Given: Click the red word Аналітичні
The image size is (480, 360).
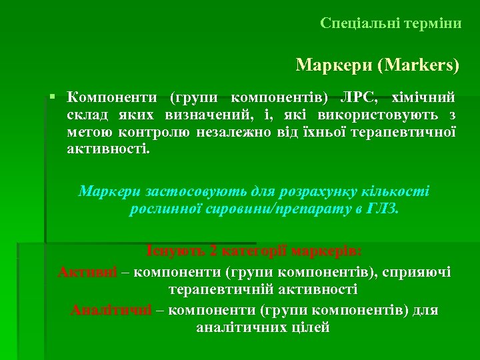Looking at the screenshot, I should pos(111,311).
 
